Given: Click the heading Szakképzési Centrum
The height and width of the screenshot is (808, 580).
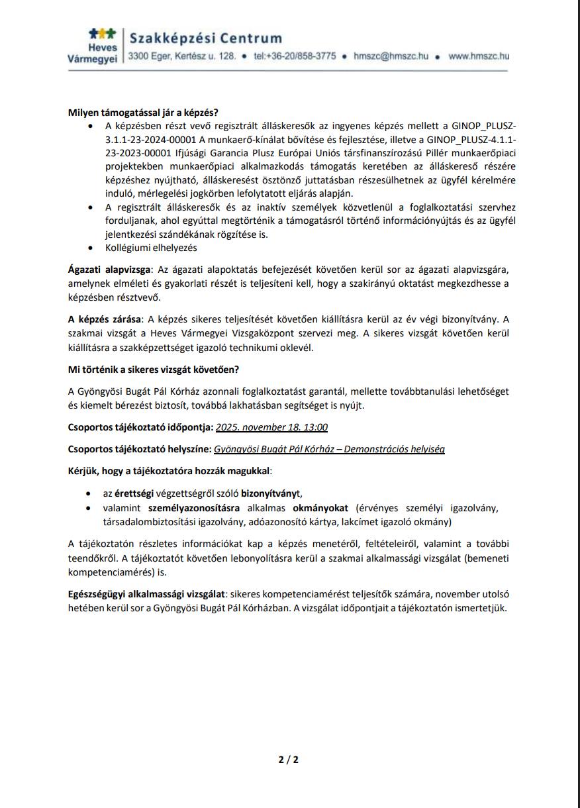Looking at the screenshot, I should [x=206, y=38].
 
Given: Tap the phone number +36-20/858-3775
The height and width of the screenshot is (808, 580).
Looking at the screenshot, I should [x=294, y=57].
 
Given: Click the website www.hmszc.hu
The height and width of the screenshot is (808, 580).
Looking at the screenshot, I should [x=479, y=57].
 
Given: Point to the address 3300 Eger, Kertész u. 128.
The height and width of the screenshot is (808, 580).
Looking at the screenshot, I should [x=182, y=57].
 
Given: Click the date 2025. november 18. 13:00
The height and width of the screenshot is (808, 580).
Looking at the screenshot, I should [x=271, y=427].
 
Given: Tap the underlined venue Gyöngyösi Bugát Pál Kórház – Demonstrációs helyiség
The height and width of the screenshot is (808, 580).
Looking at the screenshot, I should [x=329, y=449].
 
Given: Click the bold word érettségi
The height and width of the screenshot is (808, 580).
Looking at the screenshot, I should [x=134, y=493].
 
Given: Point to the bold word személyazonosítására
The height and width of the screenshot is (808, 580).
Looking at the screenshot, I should [x=194, y=509].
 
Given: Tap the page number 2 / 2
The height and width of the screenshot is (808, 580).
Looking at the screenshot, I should [x=289, y=759].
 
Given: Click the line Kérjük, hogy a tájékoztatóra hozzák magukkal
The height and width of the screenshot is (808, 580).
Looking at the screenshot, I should [x=169, y=471].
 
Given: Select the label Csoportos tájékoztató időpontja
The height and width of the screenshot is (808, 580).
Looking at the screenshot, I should [x=140, y=427].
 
